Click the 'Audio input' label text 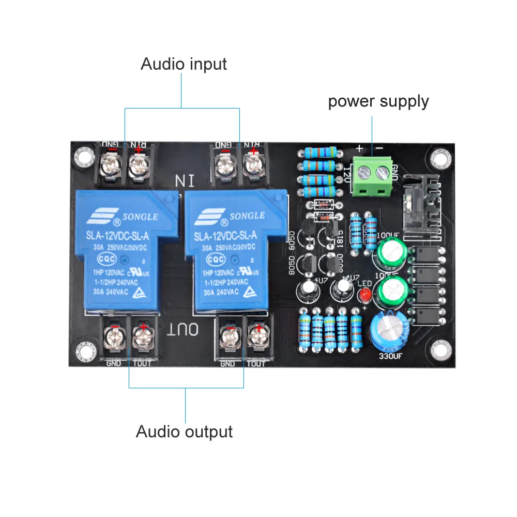point(184,65)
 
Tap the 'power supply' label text point(378,101)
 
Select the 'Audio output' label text point(184,431)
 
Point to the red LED point(365,295)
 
